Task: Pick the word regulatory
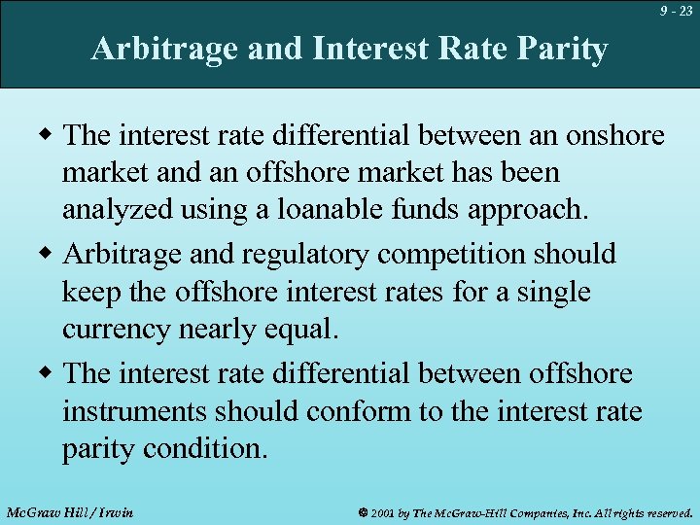pos(313,255)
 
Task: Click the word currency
pos(117,331)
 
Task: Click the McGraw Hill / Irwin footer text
pos(69,511)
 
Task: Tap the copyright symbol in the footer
pos(363,511)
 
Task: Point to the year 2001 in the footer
pos(383,511)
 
